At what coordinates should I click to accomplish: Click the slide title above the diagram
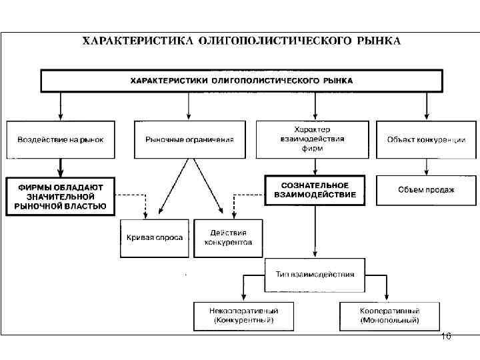(x=241, y=41)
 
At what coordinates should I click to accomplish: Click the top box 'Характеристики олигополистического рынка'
(x=241, y=81)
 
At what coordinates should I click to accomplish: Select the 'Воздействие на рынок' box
(x=61, y=139)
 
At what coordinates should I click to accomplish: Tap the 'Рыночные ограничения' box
(x=189, y=139)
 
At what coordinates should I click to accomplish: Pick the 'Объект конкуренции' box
(x=427, y=139)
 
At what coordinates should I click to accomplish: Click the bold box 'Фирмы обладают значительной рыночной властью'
(x=61, y=195)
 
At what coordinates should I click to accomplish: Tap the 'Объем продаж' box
(x=427, y=190)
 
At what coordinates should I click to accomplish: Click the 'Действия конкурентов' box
(x=228, y=237)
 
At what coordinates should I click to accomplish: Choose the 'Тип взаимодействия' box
(x=315, y=274)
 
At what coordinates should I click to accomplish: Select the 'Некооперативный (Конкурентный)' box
(x=244, y=315)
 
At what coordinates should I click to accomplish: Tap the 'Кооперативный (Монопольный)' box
(x=389, y=315)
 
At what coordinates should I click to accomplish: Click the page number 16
(x=446, y=337)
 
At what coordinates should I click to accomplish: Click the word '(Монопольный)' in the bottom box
(x=389, y=321)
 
